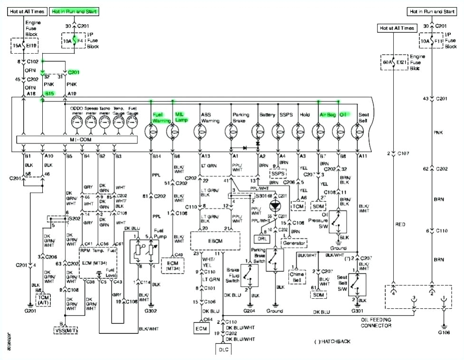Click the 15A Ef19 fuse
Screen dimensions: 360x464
click(24, 46)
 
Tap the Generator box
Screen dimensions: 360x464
click(294, 243)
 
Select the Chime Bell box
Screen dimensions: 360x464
click(297, 277)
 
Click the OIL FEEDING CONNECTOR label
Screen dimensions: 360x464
click(383, 322)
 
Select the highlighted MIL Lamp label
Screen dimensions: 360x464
click(180, 117)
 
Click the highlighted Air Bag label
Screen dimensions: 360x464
click(327, 114)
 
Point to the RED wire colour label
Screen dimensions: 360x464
click(400, 224)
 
